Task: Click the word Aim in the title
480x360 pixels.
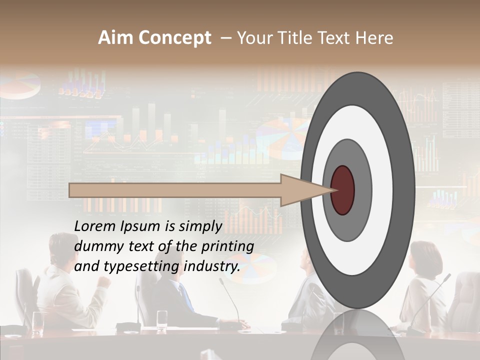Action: (115, 38)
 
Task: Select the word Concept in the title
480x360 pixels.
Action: (174, 38)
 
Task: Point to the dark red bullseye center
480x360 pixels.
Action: (342, 190)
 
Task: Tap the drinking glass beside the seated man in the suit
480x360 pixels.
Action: (162, 319)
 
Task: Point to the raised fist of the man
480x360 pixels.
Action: (104, 281)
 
